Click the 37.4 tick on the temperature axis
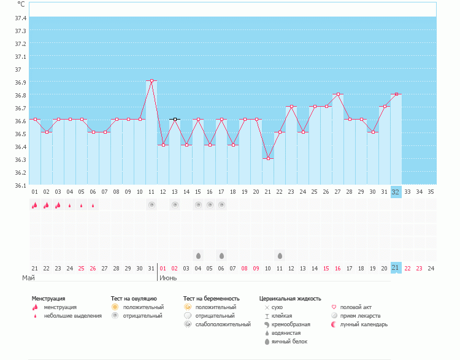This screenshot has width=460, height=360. (x=20, y=18)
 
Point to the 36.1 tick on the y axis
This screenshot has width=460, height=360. (x=20, y=185)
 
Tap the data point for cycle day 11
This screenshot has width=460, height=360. (x=151, y=80)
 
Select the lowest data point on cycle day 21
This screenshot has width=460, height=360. (x=268, y=158)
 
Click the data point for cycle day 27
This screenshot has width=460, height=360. (x=338, y=94)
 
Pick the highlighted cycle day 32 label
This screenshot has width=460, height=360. (x=396, y=192)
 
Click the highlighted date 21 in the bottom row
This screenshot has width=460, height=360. (x=396, y=268)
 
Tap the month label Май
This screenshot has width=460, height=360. (x=28, y=278)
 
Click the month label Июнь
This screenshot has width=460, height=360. (x=169, y=278)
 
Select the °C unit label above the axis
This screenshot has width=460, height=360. (x=21, y=4)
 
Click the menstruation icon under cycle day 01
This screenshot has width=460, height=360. (x=35, y=205)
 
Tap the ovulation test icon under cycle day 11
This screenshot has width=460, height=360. (x=151, y=205)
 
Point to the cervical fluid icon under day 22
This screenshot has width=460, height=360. (x=280, y=255)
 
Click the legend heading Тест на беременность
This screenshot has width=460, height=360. (x=211, y=299)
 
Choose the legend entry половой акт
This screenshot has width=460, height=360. (x=356, y=307)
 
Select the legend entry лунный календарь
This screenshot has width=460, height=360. (x=364, y=324)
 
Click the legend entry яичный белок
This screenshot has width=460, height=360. (x=289, y=342)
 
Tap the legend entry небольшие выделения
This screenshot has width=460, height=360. (x=72, y=316)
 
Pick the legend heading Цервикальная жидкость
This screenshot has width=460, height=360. (x=290, y=299)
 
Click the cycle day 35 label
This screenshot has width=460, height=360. (x=431, y=192)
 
